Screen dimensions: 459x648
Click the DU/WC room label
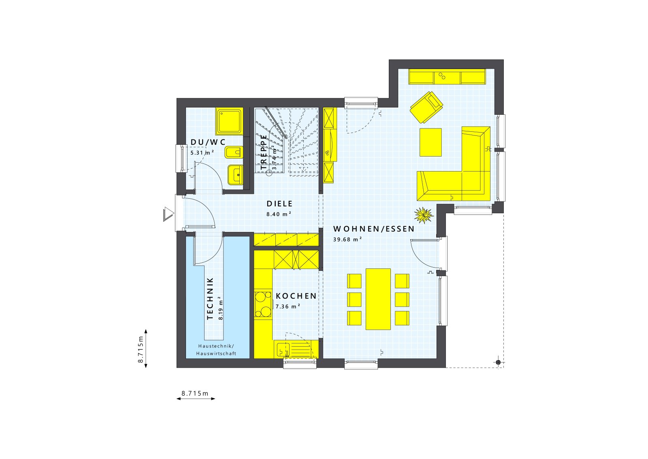pos(208,142)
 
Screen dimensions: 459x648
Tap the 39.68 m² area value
pos(347,240)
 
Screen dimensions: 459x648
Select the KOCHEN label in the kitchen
pos(296,296)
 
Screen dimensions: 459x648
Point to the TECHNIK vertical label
pos(210,298)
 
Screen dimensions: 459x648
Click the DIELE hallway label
pos(279,204)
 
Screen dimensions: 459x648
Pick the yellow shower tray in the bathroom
pos(229,121)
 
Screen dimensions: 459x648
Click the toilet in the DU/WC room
pos(234,153)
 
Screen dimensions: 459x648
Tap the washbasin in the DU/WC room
pos(235,175)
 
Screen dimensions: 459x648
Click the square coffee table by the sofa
pos(431,142)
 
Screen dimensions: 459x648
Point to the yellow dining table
pos(378,299)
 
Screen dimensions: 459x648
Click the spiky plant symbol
pos(424,215)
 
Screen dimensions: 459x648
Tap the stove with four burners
pos(263,304)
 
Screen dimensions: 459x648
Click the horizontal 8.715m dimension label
pos(195,393)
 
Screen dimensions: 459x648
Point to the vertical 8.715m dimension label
pos(141,350)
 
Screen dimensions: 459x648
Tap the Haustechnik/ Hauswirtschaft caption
pos(216,350)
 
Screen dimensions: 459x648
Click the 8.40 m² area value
pos(279,214)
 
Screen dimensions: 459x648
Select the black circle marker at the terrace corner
pos(498,362)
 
